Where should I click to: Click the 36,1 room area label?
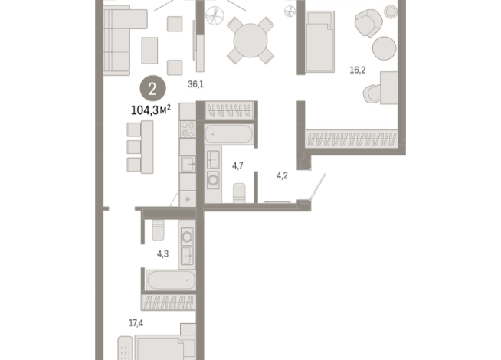coord(195,84)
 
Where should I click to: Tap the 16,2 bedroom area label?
coord(358,70)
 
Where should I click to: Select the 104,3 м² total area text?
coord(151,110)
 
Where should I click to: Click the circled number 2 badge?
coord(152,89)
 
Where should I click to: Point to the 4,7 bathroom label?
coord(237,165)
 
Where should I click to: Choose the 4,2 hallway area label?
coord(282,175)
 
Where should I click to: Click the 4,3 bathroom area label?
coord(162,254)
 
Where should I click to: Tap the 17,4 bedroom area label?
coord(136,323)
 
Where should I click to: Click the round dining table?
coord(250,41)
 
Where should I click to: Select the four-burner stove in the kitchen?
coord(188,129)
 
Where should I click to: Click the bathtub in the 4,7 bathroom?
coord(229,134)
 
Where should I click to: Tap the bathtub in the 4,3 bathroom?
coord(171,280)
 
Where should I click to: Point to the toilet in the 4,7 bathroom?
coord(239,193)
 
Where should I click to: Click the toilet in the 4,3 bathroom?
coord(158,230)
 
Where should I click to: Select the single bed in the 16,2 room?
coord(320,41)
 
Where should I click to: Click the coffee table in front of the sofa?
coord(149,51)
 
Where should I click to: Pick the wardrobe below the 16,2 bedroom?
coord(352,139)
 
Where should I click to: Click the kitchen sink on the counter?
coord(188,164)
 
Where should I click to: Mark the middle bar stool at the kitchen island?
coord(134,147)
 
